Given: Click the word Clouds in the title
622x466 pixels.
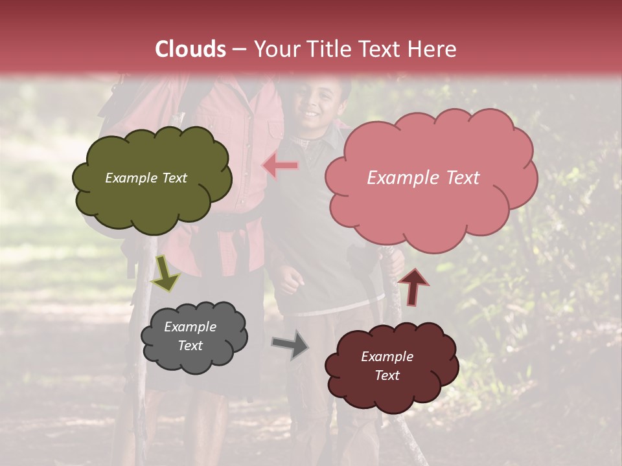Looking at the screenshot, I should pos(190,49).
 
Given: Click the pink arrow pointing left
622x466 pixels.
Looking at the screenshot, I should pos(281,166).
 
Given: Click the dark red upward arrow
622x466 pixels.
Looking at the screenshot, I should pos(413,286).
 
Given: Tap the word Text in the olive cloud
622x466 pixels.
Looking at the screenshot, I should pos(174,178).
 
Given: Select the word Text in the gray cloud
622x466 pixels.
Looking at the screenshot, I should pos(190,346).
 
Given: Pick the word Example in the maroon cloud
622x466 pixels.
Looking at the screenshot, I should pos(387,357).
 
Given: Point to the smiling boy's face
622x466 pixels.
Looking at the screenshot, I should pos(317,107).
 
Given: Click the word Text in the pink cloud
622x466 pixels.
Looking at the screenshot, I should pos(461,178).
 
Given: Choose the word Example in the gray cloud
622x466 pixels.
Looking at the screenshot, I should pos(190,327).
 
